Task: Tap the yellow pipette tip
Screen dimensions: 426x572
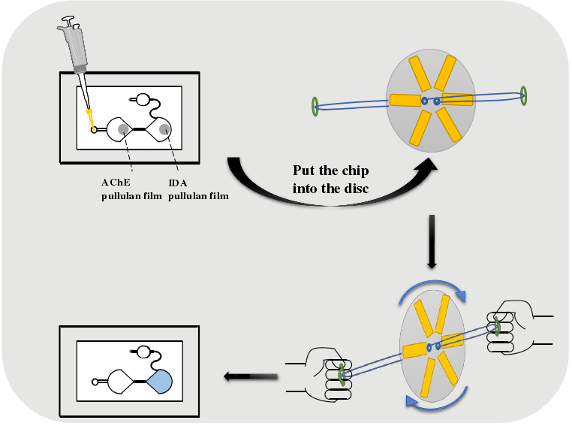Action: [89, 117]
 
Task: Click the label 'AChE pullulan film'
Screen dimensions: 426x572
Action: [131, 189]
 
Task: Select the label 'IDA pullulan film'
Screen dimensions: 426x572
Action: [196, 189]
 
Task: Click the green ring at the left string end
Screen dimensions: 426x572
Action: [315, 107]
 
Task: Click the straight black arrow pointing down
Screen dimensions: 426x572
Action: [432, 241]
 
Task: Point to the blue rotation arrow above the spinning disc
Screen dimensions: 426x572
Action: [433, 289]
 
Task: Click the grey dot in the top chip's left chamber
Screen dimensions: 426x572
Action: [123, 129]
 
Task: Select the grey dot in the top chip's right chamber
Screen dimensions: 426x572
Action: [164, 130]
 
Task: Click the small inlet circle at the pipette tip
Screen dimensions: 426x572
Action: [95, 130]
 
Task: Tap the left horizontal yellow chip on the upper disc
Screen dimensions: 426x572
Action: [403, 100]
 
